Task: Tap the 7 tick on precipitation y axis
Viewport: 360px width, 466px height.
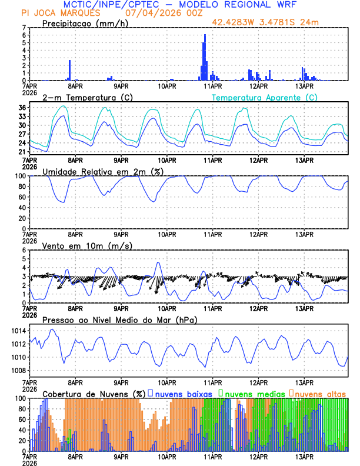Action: [24, 28]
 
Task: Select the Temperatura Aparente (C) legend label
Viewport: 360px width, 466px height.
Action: [265, 97]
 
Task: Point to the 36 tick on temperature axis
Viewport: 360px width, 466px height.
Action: [22, 108]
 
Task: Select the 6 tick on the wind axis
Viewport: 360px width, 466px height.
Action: [24, 250]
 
